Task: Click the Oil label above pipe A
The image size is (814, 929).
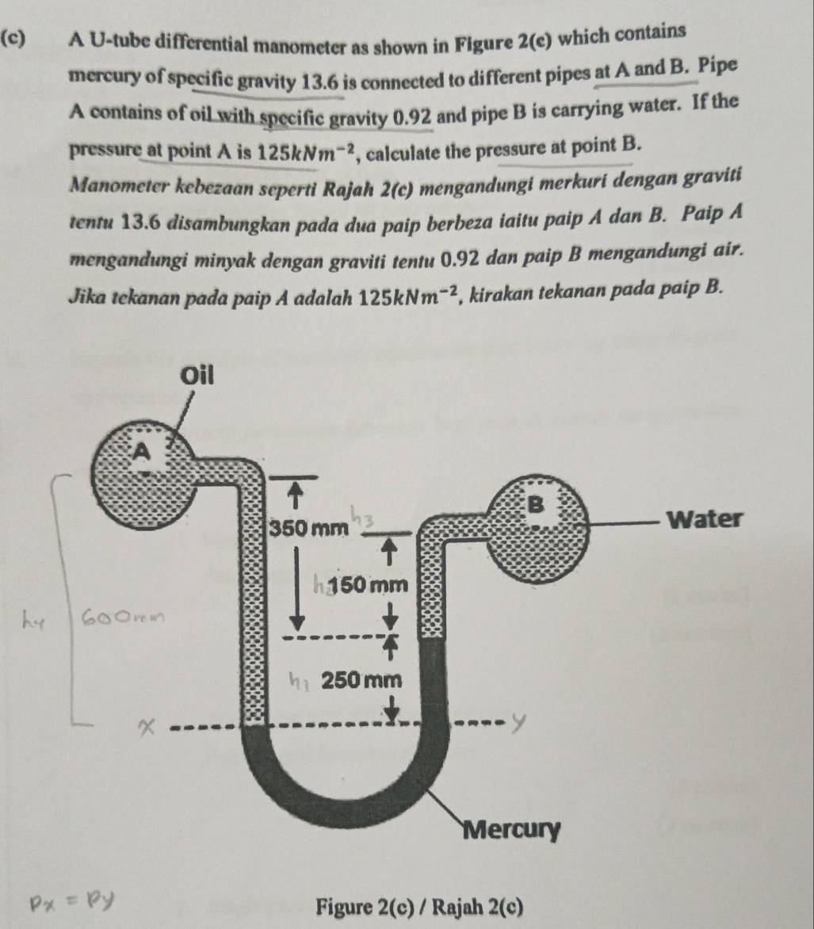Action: pos(197,375)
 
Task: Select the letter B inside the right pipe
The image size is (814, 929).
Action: pos(536,503)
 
